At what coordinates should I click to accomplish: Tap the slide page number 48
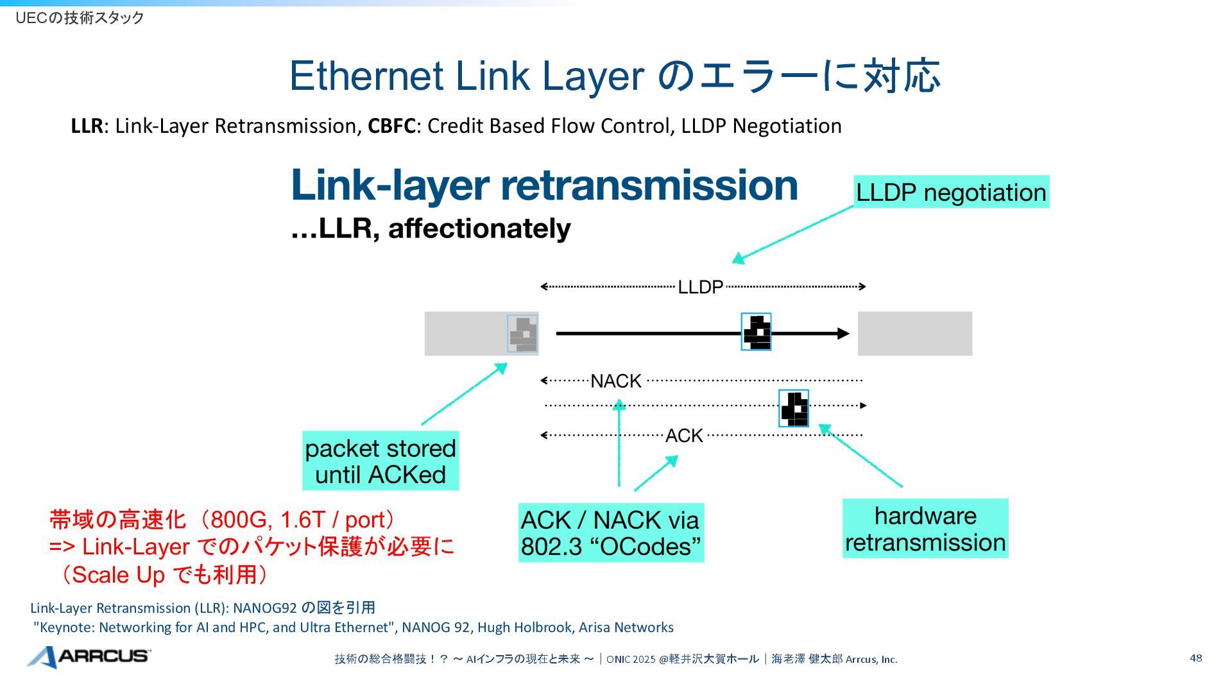pos(1195,658)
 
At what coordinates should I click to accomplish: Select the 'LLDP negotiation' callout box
pos(951,192)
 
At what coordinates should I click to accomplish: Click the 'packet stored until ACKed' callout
pos(381,461)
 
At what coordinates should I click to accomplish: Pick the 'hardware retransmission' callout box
pos(925,529)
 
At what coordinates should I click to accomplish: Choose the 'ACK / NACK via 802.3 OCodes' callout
pos(610,533)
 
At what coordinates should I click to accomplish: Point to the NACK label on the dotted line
pos(615,381)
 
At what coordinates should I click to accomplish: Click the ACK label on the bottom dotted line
pos(684,436)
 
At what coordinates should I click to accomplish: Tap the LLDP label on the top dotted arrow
pos(700,287)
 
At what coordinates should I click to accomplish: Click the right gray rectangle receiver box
pos(914,334)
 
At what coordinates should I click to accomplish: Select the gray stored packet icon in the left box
pos(523,334)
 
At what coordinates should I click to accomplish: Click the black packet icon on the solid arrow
pos(756,332)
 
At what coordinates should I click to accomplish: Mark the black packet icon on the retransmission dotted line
pos(794,408)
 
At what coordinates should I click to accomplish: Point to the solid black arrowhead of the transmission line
pos(843,334)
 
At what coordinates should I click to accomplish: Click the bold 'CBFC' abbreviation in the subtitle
pos(391,126)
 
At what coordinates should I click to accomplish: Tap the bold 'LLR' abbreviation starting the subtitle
pos(87,126)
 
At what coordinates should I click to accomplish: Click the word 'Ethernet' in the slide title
pos(366,76)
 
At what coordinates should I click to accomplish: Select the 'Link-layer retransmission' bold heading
pos(544,185)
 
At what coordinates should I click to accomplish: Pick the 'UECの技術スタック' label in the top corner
pos(80,18)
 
